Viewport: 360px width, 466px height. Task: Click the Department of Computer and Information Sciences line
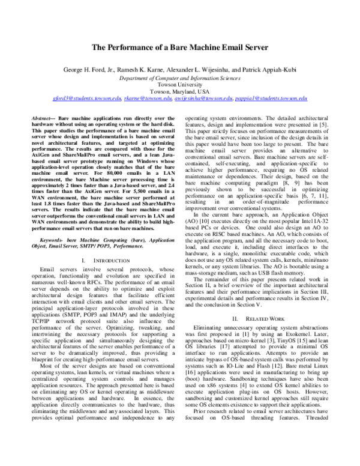[180, 77]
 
